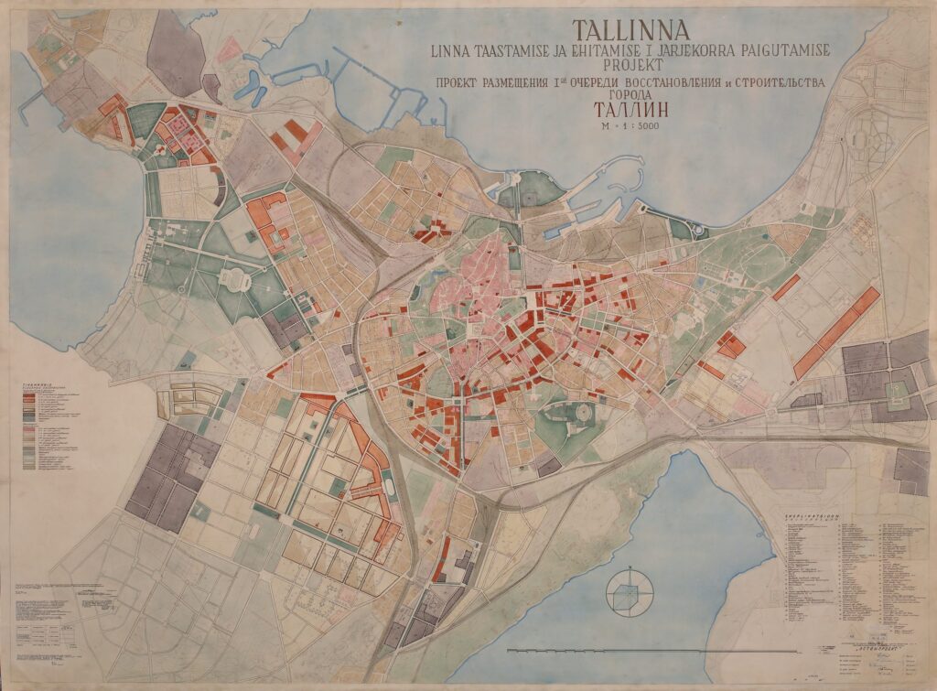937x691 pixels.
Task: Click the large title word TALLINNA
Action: click(631, 32)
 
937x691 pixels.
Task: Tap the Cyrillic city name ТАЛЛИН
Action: click(630, 111)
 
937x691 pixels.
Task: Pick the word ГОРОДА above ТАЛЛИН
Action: click(630, 95)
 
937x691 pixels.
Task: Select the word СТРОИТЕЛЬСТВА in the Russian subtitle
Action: click(771, 82)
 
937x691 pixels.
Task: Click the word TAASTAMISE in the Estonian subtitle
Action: click(522, 51)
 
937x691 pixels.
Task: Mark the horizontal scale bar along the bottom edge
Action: click(595, 651)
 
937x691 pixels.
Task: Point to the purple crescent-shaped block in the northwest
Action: click(217, 189)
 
